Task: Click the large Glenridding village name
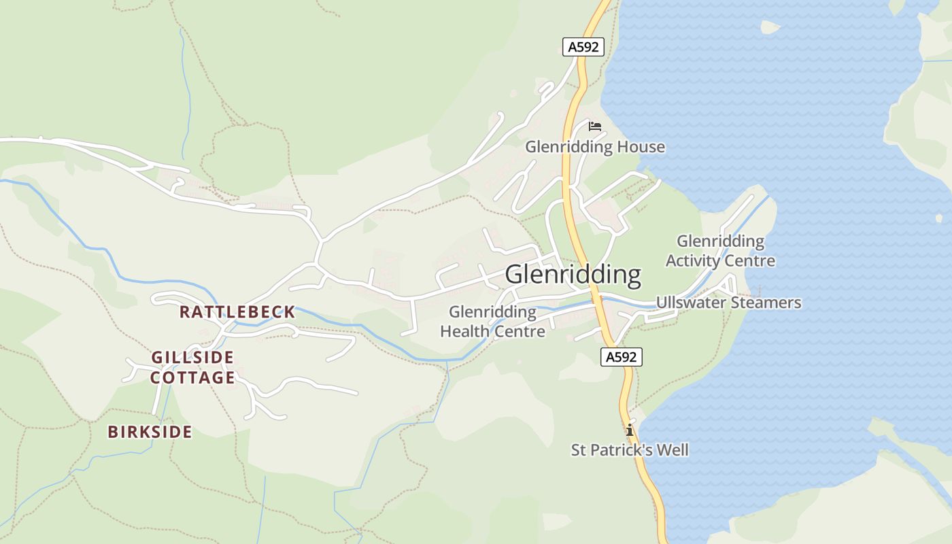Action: click(x=573, y=275)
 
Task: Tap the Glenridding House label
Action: click(x=594, y=147)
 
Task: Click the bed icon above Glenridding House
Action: click(x=595, y=126)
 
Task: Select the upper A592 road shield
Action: click(x=583, y=47)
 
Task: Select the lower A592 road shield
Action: click(x=622, y=357)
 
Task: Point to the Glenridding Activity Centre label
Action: click(x=720, y=251)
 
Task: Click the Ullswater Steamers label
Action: click(x=728, y=303)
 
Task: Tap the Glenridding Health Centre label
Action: click(x=492, y=322)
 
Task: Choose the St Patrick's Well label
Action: click(x=629, y=449)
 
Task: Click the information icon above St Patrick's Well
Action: click(x=630, y=430)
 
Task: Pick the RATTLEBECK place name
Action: click(x=237, y=312)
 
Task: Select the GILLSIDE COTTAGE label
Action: click(x=192, y=367)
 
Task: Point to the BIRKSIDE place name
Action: click(x=150, y=432)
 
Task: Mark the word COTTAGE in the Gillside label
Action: click(x=192, y=377)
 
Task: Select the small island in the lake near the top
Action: click(x=770, y=27)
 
